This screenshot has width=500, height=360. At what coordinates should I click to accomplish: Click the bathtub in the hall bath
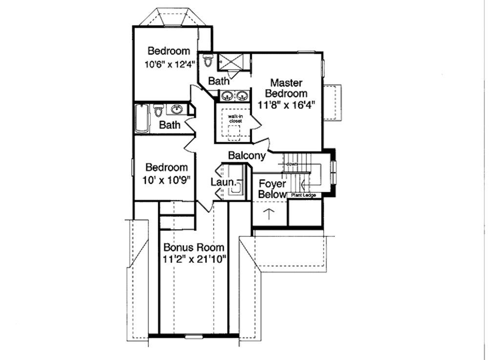(x=142, y=118)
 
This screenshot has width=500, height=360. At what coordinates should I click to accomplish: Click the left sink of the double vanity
(x=227, y=96)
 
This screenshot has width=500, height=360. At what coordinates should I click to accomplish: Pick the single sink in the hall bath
(x=177, y=109)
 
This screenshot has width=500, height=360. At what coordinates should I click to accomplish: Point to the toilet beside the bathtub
(x=158, y=111)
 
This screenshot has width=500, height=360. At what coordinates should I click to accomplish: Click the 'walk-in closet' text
(x=232, y=118)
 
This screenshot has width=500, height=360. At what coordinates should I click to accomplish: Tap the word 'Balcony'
(x=247, y=155)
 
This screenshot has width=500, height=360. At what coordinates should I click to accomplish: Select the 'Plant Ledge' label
(x=303, y=195)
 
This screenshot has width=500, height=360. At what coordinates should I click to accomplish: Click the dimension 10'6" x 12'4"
(x=169, y=64)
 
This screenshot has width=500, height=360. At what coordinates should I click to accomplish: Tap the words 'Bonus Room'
(x=193, y=247)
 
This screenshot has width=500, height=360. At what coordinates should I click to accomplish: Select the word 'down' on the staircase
(x=292, y=164)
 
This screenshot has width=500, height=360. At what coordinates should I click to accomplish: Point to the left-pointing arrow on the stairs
(x=305, y=185)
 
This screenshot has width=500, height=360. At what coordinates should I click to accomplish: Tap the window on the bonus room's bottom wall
(x=194, y=336)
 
